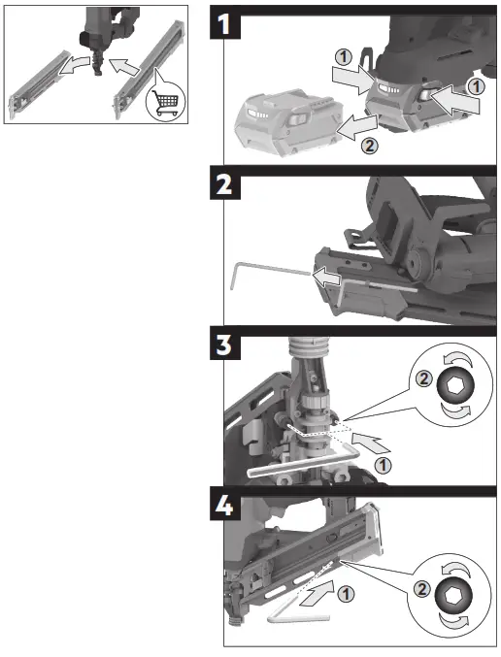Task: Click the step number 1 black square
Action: [x=227, y=23]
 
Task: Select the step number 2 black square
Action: [x=227, y=185]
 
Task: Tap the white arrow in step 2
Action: [x=326, y=279]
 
